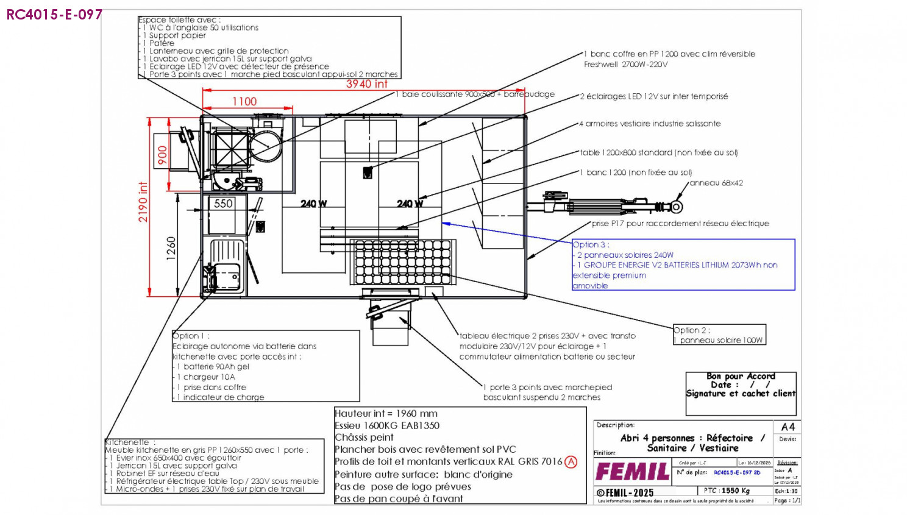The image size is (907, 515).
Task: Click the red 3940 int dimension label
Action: tap(366, 84)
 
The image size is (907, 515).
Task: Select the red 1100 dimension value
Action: tap(244, 102)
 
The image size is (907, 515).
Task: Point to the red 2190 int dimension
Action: tap(143, 202)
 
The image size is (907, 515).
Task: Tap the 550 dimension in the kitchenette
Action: tap(223, 204)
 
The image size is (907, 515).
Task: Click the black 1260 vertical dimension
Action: tap(171, 249)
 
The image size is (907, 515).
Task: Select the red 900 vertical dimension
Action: tap(163, 155)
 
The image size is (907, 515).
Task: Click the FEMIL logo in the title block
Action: tap(632, 472)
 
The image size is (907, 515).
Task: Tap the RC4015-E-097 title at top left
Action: tap(54, 15)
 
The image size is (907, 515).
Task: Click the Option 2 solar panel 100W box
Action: tap(719, 335)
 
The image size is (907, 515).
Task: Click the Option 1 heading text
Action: tap(191, 336)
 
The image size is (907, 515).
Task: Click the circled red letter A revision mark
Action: tap(571, 462)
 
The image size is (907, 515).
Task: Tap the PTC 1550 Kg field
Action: tap(727, 491)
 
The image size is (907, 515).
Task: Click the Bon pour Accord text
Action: tap(741, 376)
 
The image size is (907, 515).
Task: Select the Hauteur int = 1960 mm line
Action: tap(386, 414)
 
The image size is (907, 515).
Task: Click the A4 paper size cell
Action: tap(788, 427)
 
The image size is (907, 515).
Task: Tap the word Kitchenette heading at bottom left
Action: tap(127, 442)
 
